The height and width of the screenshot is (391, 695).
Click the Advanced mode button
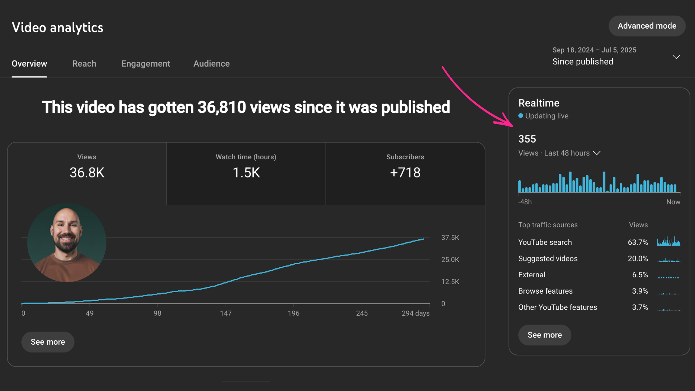pos(647,26)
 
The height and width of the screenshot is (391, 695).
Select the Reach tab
pos(84,64)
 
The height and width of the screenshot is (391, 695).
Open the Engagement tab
pos(146,64)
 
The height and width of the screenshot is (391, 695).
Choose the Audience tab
pos(212,64)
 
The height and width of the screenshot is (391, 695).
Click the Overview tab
pos(29,64)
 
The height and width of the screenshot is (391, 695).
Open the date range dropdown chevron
pos(676,57)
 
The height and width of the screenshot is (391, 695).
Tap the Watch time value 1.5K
pos(246,173)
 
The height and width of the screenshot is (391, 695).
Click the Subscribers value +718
pos(405,173)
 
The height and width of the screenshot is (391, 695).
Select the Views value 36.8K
pos(87,173)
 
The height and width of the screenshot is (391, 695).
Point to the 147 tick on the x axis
pos(226,313)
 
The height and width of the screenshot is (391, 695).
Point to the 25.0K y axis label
pos(450,260)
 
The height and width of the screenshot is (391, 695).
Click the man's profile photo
pos(67,243)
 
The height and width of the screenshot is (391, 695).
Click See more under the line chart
pos(48,342)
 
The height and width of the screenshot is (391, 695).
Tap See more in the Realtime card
pos(545,335)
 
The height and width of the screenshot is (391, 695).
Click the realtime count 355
pos(527,139)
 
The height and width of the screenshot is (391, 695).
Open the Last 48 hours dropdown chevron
pos(597,153)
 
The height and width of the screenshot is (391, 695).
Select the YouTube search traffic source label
pos(545,242)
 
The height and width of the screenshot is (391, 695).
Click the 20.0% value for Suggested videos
pos(638,258)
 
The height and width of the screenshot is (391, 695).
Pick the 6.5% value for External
pos(640,275)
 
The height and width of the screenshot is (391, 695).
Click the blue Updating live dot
pos(521,116)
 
